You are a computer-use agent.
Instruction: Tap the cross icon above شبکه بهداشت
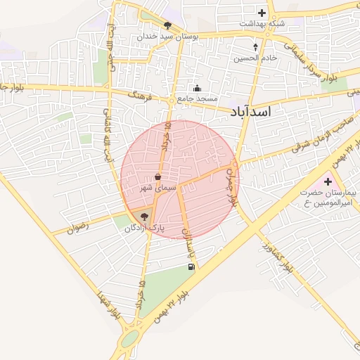262,13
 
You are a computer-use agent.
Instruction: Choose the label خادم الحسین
255,58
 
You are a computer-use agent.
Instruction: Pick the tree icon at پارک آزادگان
145,217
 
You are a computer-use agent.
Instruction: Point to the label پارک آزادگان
144,229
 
